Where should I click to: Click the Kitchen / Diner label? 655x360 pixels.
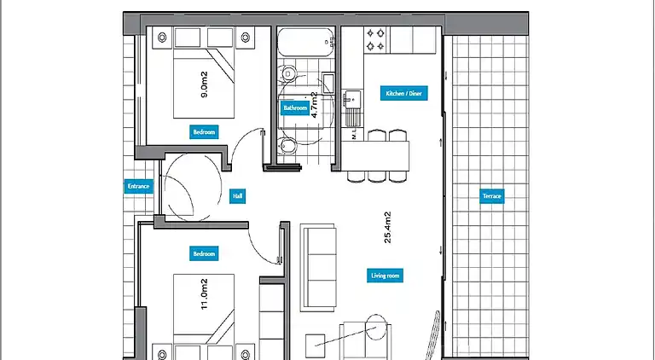tap(404, 93)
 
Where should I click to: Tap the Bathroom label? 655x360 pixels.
tap(295, 107)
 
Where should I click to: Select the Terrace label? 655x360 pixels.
tap(491, 196)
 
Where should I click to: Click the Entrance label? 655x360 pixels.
tap(138, 186)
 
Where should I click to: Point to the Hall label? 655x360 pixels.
tap(237, 196)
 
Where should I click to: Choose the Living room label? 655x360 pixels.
tap(385, 276)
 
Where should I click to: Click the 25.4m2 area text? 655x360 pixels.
tap(388, 228)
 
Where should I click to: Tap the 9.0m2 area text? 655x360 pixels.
tap(204, 84)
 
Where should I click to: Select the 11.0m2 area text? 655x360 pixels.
tap(204, 294)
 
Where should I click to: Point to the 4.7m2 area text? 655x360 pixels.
tap(315, 105)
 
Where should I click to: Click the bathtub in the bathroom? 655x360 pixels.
tap(306, 42)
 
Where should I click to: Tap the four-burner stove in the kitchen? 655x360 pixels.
tap(375, 39)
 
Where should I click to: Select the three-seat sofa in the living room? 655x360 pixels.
tap(318, 267)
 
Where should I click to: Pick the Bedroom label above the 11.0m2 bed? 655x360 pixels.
tap(204, 253)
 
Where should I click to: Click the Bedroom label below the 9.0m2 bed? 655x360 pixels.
tap(204, 132)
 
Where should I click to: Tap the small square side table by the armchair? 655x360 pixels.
tap(315, 345)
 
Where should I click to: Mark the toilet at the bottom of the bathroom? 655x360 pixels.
tap(287, 146)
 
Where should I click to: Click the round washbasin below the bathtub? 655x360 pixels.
tap(288, 74)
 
